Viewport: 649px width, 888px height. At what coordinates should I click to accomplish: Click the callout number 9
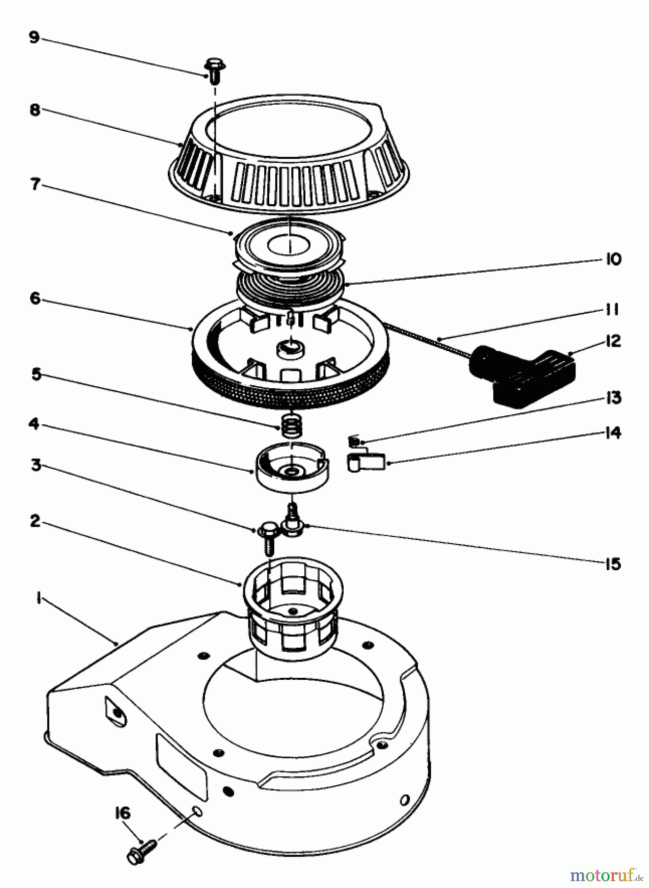34,38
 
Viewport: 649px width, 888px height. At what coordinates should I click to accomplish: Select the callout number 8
35,110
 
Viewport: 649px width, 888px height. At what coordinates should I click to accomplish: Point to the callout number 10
613,259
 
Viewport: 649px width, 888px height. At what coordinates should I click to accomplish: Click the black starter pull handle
523,376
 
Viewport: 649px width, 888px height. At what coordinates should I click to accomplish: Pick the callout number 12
613,341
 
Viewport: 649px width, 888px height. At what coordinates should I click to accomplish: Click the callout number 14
613,433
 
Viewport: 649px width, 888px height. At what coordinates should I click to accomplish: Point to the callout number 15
613,564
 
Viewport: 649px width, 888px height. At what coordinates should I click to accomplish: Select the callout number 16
123,813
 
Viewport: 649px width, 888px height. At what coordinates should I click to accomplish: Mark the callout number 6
35,298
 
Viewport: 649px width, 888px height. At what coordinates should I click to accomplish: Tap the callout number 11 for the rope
612,310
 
